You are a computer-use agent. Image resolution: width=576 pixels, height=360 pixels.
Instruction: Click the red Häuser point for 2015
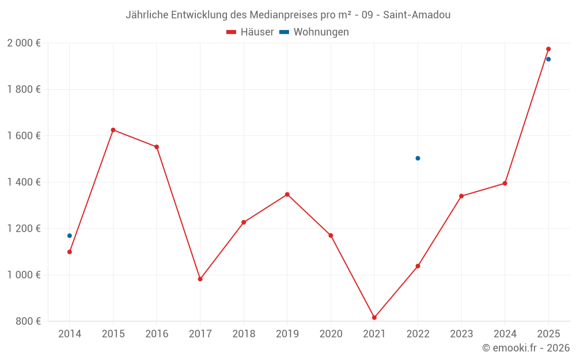click(x=113, y=130)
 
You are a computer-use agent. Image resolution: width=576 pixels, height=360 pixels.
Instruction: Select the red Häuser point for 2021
click(x=374, y=318)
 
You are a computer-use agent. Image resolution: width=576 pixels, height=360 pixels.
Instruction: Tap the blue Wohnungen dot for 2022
click(x=418, y=158)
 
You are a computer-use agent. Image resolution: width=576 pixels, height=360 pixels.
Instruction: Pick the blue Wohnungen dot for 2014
click(x=70, y=236)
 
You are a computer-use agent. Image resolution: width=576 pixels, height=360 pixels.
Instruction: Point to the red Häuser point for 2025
click(x=548, y=49)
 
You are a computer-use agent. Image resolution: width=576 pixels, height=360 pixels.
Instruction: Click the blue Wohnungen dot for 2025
click(x=548, y=59)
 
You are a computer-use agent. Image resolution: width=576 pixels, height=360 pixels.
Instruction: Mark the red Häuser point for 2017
click(x=200, y=279)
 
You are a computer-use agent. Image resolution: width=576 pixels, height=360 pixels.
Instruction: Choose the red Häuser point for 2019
click(x=287, y=195)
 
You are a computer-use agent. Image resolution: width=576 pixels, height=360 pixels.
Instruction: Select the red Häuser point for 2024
click(x=505, y=183)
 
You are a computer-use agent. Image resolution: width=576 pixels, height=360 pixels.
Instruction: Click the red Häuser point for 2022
click(x=418, y=266)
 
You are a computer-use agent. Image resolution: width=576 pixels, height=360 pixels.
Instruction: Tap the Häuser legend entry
click(x=250, y=32)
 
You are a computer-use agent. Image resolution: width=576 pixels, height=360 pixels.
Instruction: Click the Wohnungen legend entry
click(x=314, y=32)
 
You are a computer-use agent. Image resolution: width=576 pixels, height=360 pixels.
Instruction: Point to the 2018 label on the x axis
click(x=244, y=334)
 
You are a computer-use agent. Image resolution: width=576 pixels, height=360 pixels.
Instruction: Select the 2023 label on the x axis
click(x=461, y=334)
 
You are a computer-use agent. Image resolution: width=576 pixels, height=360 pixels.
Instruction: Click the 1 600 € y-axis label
click(x=24, y=136)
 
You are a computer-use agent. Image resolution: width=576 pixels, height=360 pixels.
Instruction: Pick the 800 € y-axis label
click(x=28, y=321)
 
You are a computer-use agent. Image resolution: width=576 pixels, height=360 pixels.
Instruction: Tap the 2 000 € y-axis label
click(x=24, y=43)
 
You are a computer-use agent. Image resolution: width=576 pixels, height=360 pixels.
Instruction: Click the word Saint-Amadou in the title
click(x=416, y=15)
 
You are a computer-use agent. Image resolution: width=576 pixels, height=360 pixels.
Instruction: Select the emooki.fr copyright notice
click(x=526, y=347)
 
